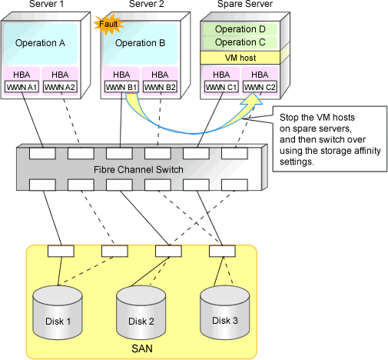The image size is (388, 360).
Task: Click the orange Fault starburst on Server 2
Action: [108, 25]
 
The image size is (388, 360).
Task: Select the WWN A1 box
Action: [22, 87]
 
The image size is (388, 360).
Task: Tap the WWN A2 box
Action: [60, 87]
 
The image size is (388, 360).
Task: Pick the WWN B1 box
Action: [121, 87]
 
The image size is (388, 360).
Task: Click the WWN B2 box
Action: [160, 87]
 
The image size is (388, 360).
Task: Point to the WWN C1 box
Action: [221, 87]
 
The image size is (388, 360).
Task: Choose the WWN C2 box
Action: [260, 87]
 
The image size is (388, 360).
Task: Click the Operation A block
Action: [41, 43]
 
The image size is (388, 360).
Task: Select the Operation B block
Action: [141, 43]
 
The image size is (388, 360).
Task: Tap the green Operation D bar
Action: [240, 29]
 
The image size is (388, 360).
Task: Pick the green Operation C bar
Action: [240, 42]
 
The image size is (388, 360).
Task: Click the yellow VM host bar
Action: [240, 58]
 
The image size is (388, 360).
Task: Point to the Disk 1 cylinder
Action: [58, 312]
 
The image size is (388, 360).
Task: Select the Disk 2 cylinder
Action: [141, 312]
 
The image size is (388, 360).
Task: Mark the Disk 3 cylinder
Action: [224, 312]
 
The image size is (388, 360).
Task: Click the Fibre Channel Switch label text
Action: [138, 170]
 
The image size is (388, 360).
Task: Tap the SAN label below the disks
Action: [142, 348]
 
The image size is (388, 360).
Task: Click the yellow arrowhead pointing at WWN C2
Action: [252, 99]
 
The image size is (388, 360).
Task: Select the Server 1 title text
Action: [46, 4]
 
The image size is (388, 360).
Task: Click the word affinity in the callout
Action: [367, 151]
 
